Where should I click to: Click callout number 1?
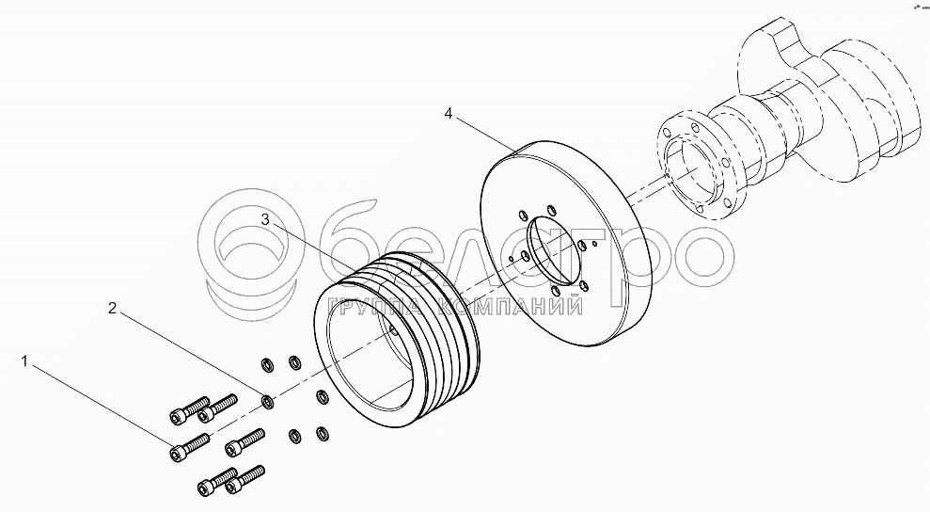(x=24, y=361)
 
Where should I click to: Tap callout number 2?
(x=113, y=308)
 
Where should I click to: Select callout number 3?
(x=266, y=220)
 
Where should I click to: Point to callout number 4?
(x=449, y=113)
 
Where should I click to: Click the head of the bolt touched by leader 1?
(x=176, y=455)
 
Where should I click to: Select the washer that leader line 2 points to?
(x=268, y=402)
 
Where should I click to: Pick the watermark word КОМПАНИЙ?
(x=510, y=306)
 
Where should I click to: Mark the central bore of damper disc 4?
(x=555, y=250)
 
